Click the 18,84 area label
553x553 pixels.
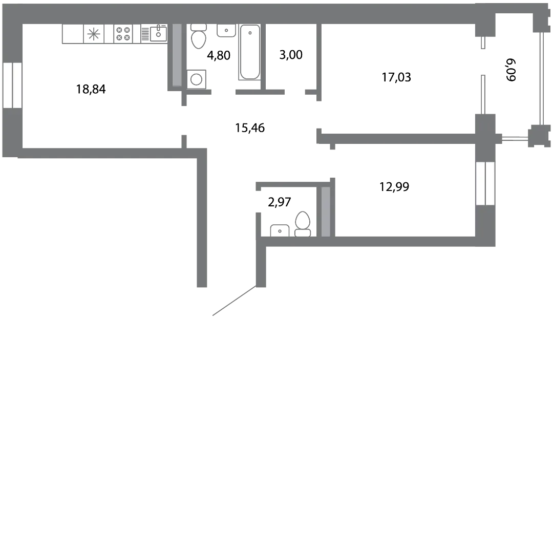pos(91,89)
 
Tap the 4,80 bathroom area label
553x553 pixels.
pos(219,55)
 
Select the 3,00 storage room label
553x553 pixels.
pos(291,55)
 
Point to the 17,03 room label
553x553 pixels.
pos(396,77)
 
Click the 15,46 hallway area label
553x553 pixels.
pos(250,128)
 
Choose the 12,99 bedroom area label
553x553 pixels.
pos(394,186)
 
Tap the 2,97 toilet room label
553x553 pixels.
pos(280,202)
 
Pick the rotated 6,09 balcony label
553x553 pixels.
pos(511,70)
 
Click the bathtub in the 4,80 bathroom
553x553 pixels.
pos(250,52)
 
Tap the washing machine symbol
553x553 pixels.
pos(197,79)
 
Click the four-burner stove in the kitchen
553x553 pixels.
pos(123,34)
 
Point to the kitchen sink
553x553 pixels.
pos(158,33)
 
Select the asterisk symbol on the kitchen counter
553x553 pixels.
pos(94,34)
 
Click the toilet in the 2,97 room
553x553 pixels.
pos(303,224)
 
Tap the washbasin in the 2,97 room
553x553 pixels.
pos(280,230)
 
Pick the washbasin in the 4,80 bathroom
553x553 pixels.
pos(226,30)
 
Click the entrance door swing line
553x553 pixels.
pos(234,301)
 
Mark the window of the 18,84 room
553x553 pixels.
pos(12,86)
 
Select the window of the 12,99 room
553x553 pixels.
pos(485,183)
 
